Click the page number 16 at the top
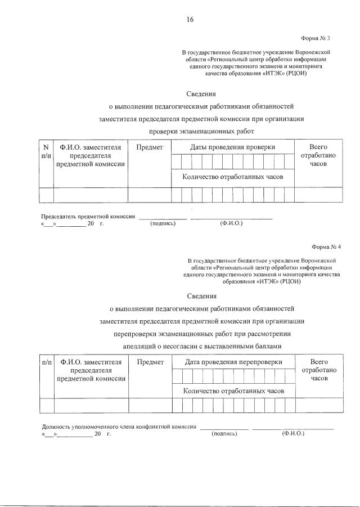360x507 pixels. (190, 20)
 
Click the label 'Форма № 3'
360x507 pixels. (315, 38)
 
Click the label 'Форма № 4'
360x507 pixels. (326, 247)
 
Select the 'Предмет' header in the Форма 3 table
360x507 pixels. (150, 147)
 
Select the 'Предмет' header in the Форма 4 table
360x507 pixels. (150, 362)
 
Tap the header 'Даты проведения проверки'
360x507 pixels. (232, 147)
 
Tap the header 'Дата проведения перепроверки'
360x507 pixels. (233, 362)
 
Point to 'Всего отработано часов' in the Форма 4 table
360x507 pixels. (319, 370)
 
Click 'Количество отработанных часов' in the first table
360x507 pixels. (232, 177)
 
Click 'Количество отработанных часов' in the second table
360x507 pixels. (233, 391)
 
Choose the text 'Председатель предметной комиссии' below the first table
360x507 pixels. (88, 217)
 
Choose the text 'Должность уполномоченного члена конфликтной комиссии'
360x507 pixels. (119, 427)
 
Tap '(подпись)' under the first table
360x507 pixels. (163, 223)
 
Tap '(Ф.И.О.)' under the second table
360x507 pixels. (292, 434)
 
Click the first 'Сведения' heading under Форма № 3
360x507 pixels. (201, 93)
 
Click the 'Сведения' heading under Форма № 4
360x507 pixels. (201, 296)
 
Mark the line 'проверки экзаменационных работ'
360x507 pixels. (201, 131)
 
